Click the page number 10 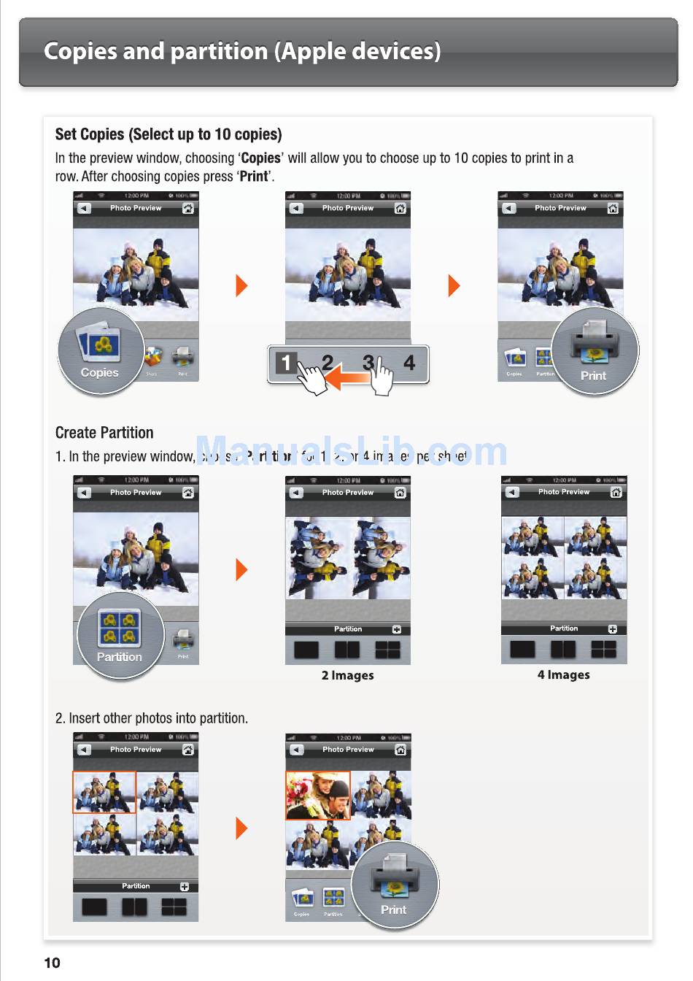tap(53, 962)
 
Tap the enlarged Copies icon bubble tap(101, 351)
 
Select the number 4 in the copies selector tap(409, 363)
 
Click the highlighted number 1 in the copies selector tap(286, 363)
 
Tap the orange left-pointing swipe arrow tap(347, 377)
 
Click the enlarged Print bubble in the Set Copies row tap(595, 351)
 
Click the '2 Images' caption tap(347, 675)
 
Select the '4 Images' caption tap(563, 674)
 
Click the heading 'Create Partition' tap(104, 433)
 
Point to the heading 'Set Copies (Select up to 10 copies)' tap(169, 134)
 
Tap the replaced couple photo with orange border tap(318, 796)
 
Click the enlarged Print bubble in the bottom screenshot tap(395, 885)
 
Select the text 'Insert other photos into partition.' tap(158, 718)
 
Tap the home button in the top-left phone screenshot tap(187, 208)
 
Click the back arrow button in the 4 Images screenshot tap(512, 492)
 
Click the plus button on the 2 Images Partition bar tap(397, 629)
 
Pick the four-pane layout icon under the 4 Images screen tap(603, 649)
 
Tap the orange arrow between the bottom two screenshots tap(242, 828)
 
